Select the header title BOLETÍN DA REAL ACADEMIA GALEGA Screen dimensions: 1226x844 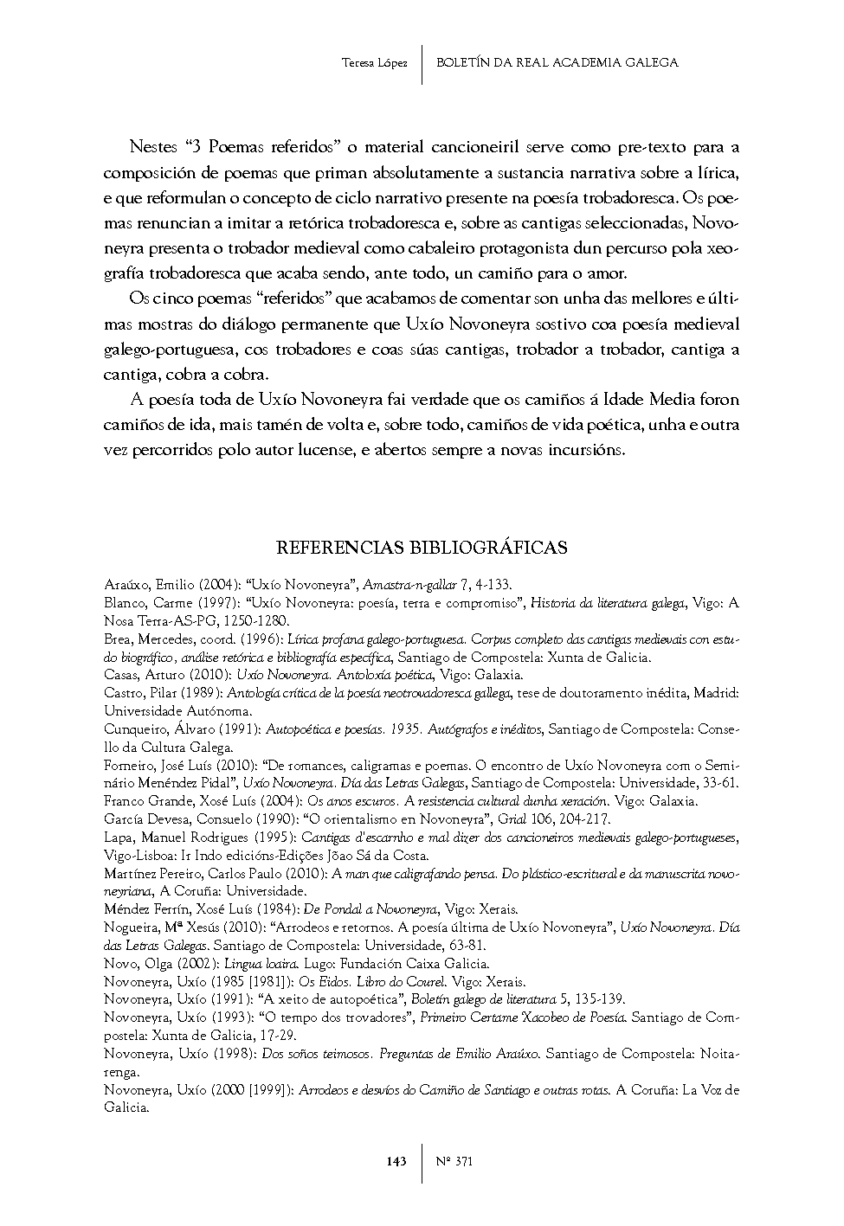click(x=557, y=62)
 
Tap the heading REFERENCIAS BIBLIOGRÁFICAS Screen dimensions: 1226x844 click(x=422, y=548)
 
